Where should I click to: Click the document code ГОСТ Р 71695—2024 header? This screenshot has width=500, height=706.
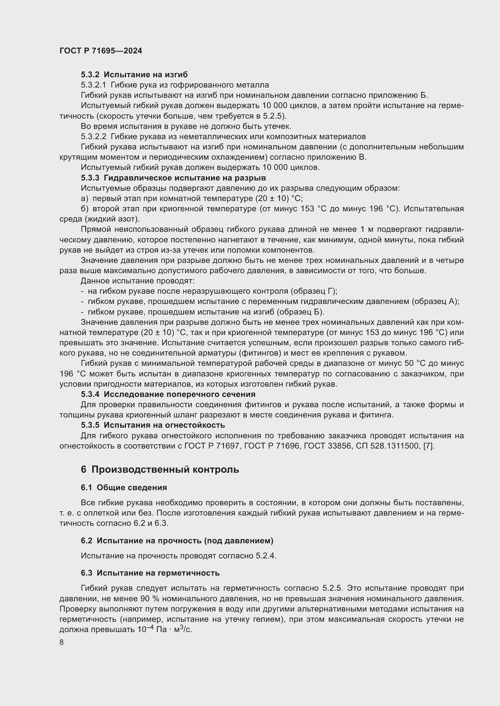(101, 51)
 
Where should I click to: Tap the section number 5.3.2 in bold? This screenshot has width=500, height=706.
(90, 75)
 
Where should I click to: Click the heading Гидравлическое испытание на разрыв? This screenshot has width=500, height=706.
(185, 178)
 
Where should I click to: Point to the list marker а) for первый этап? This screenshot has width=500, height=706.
(84, 198)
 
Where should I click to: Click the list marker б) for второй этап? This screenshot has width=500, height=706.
(84, 209)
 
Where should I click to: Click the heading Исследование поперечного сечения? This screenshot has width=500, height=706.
(180, 394)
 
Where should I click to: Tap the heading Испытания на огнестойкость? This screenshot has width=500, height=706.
(164, 425)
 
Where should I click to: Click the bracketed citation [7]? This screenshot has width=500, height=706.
(429, 446)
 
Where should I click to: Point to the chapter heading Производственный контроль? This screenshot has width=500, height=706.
(165, 470)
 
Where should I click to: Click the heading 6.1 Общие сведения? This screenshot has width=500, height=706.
(124, 487)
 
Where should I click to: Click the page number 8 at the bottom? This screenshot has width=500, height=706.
(62, 642)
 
